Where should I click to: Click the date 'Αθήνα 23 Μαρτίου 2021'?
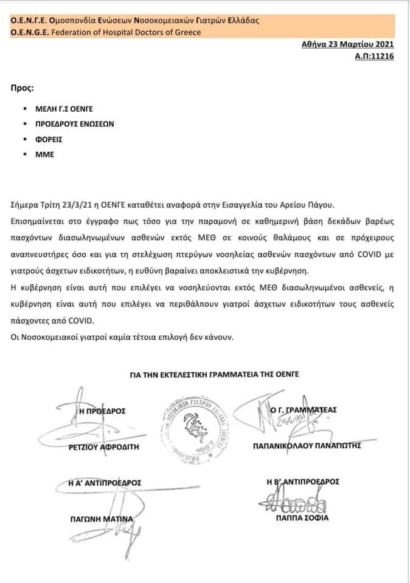pos(348,44)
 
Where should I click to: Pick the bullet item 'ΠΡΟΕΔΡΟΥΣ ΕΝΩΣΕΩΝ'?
pos(75,124)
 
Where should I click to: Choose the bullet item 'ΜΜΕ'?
pos(45,154)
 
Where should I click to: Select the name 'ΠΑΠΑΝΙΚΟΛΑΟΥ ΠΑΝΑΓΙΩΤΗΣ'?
pos(307,445)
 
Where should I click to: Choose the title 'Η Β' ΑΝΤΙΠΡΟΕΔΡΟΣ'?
pos(302,482)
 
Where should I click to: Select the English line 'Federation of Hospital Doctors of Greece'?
pos(118,32)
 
